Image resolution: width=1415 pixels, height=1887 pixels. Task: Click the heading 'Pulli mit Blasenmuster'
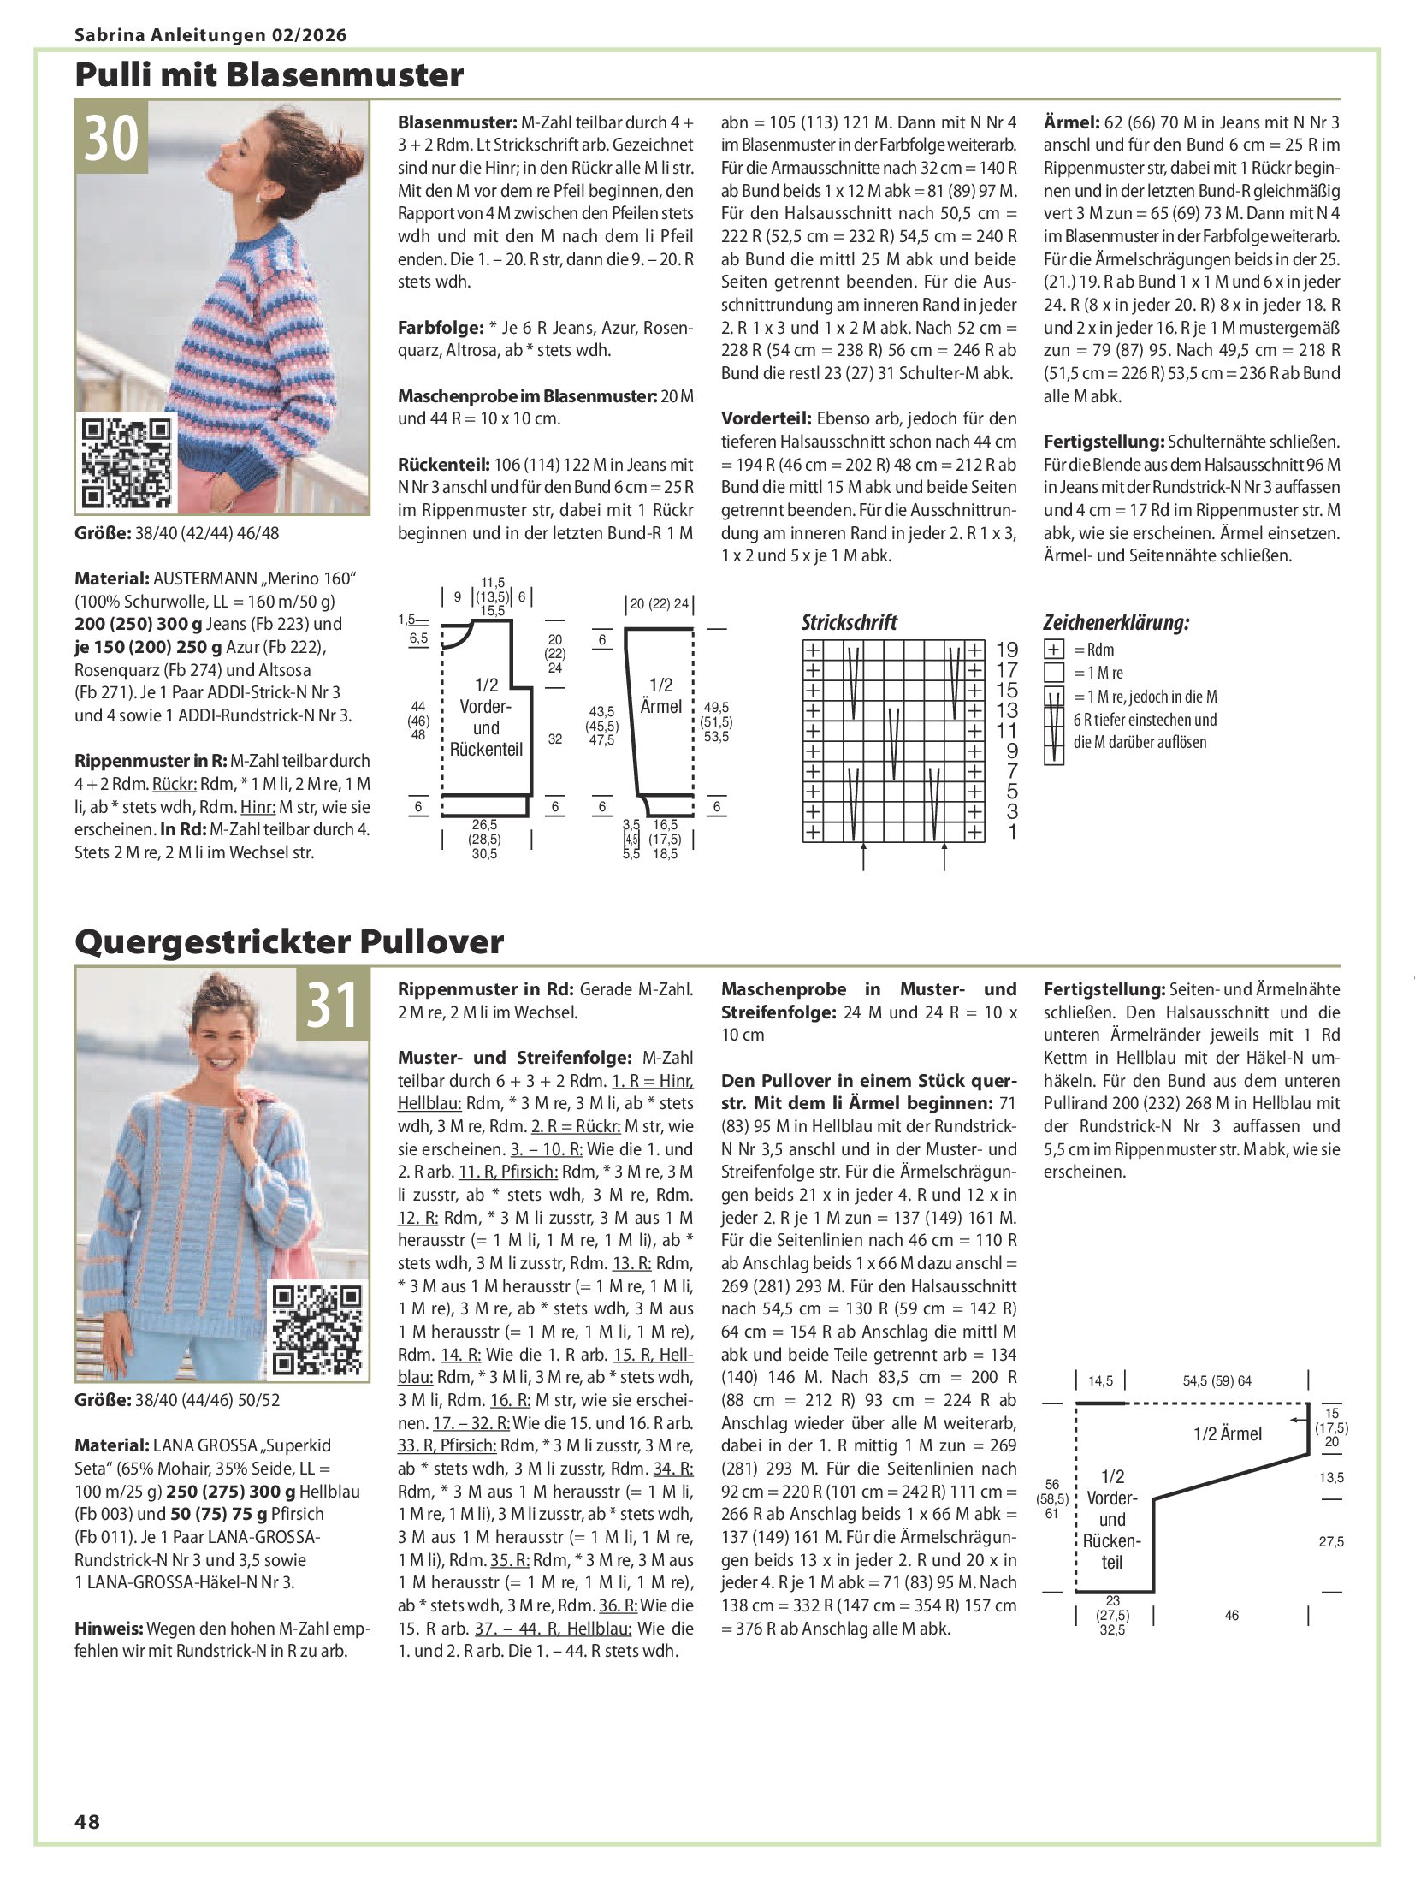point(269,75)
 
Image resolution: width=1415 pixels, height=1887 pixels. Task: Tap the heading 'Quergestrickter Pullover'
point(289,942)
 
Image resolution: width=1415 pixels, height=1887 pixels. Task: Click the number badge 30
point(111,137)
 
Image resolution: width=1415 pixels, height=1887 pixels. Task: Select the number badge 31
point(333,1004)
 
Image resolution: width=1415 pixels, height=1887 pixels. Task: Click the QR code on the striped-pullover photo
point(127,462)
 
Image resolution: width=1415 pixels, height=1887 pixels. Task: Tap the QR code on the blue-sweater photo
point(317,1330)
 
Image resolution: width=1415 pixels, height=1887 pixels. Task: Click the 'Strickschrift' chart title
point(849,622)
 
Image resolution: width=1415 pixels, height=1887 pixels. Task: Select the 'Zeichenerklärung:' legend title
point(1116,622)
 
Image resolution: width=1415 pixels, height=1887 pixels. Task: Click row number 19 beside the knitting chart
point(1007,650)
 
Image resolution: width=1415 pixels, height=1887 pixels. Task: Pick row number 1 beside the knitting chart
point(1012,832)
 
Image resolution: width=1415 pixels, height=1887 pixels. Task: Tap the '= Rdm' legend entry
point(1093,650)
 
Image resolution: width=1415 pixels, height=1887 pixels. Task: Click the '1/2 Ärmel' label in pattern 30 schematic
point(661,696)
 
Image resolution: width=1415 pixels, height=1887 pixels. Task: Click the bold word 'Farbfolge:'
point(441,328)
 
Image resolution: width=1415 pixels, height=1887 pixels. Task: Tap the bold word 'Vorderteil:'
point(766,418)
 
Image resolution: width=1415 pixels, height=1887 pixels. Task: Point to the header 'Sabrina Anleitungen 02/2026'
point(210,35)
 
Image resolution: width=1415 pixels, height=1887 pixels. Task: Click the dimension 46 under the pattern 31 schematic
point(1232,1615)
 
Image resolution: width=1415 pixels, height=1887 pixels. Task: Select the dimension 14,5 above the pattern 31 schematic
point(1100,1380)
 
